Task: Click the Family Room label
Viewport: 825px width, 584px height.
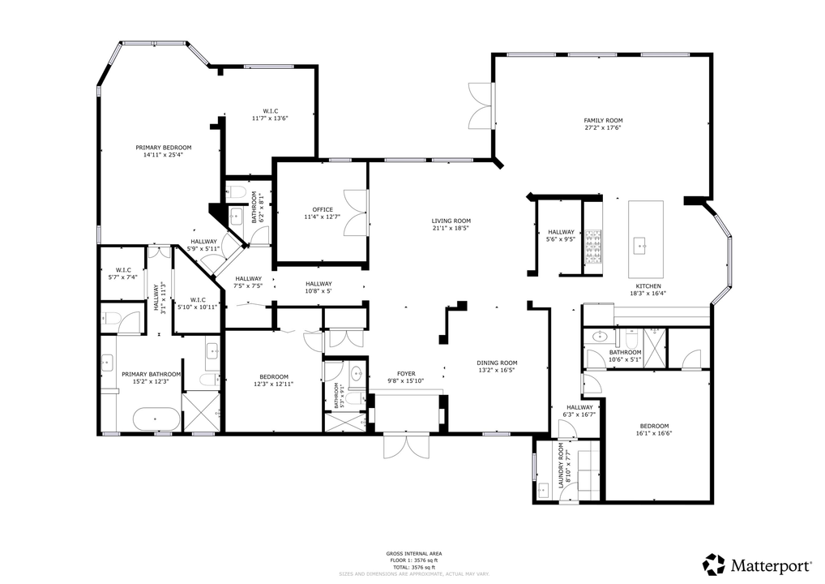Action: pos(603,120)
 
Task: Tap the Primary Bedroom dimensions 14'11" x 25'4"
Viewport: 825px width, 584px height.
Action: pos(163,154)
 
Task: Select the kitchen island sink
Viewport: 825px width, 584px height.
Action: pos(640,243)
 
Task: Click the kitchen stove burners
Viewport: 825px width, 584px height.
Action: pos(596,246)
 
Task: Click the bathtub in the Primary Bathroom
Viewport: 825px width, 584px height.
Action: pos(156,420)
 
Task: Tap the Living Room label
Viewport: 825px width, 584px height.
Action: pos(451,221)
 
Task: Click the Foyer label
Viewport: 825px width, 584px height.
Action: pos(406,374)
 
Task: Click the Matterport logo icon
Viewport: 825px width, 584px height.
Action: pos(713,565)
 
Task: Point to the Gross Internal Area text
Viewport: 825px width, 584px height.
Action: pos(413,554)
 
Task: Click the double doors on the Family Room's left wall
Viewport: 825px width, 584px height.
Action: pos(480,106)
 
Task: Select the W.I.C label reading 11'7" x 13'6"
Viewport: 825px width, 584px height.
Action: pos(270,111)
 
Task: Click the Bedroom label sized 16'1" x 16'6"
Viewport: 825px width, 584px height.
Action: pos(654,427)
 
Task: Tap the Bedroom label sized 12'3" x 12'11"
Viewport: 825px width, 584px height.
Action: pos(274,376)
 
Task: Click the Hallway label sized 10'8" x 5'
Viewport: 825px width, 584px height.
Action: pos(318,284)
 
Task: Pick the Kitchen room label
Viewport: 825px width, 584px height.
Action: pos(648,286)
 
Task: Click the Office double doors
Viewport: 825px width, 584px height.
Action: pos(357,213)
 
